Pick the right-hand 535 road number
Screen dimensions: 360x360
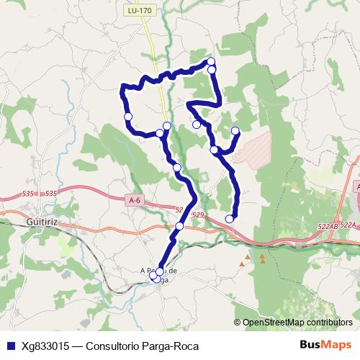coord(50,194)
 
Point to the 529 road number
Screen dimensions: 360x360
coord(198,215)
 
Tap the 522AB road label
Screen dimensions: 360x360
coord(325,226)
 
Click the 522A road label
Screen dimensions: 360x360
coord(349,225)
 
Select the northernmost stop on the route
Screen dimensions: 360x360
coord(211,61)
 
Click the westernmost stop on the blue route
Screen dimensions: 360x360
coord(128,117)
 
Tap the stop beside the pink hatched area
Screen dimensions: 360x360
coord(235,130)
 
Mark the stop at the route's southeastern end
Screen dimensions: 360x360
coord(230,219)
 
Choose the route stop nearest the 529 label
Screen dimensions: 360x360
coord(179,226)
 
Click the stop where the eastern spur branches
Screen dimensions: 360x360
coord(214,150)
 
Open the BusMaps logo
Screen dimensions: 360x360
coord(323,345)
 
